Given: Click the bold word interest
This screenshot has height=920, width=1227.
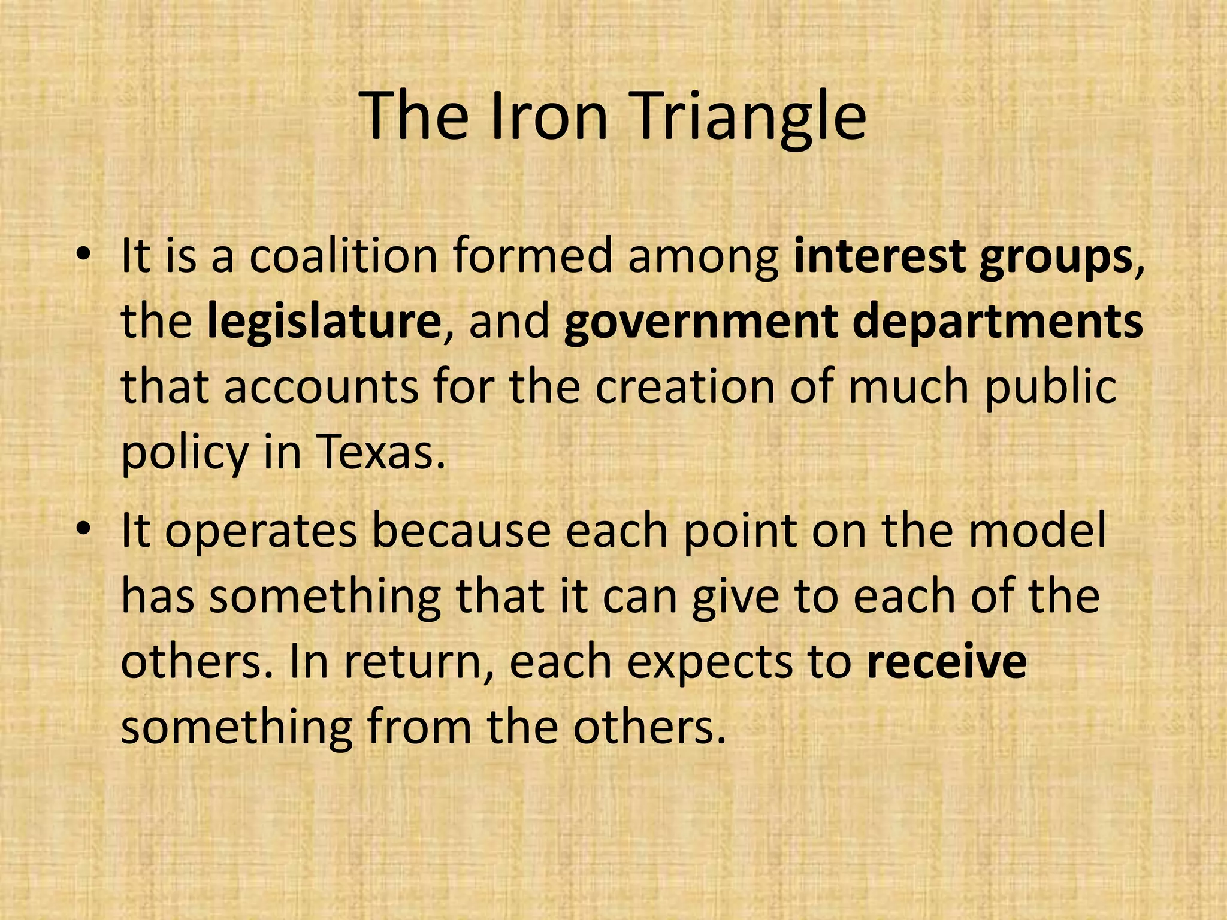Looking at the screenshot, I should click(x=879, y=256).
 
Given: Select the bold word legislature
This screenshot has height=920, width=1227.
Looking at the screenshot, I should click(x=324, y=323).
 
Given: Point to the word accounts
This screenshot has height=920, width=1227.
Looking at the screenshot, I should click(x=321, y=388).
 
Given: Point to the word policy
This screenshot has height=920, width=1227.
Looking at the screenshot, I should click(x=185, y=455).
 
